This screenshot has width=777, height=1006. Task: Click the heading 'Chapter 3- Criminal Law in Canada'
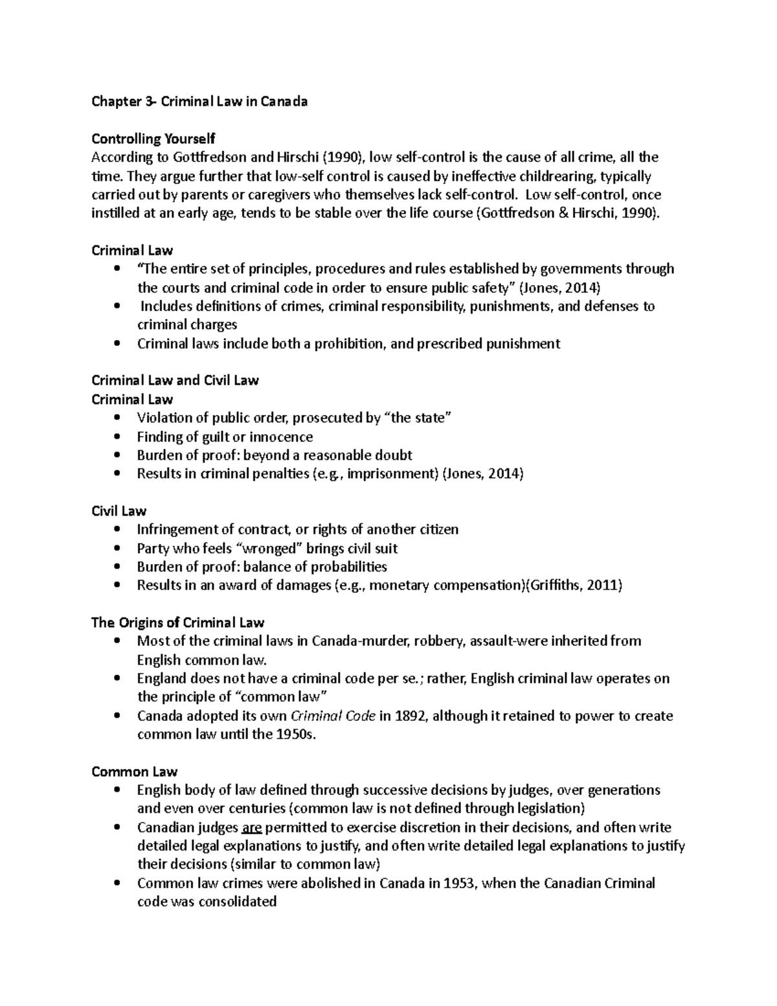click(199, 101)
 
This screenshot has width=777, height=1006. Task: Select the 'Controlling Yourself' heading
click(153, 139)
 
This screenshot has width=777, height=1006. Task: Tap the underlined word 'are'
click(251, 827)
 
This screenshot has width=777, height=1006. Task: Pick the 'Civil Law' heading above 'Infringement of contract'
click(119, 511)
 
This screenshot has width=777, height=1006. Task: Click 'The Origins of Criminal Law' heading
click(178, 623)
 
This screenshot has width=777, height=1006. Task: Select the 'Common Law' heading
click(135, 772)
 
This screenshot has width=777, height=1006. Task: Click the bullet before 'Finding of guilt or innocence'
click(117, 437)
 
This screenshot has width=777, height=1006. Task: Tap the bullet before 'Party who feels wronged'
click(117, 549)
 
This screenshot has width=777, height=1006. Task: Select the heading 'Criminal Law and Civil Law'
click(175, 380)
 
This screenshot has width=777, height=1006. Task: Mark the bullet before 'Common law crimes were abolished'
click(117, 884)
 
